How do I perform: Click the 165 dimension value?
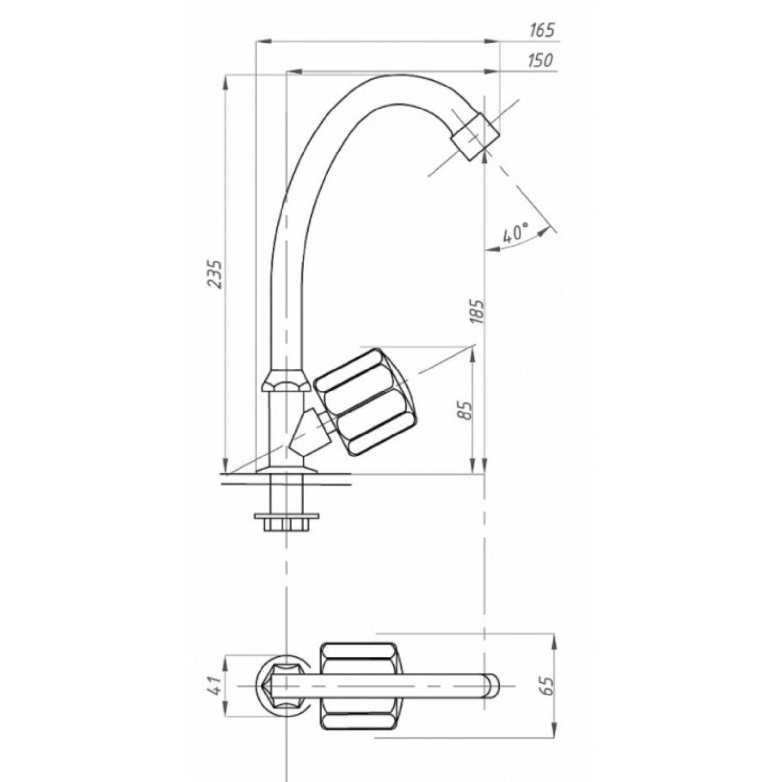[x=542, y=30]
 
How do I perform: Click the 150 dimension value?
[x=541, y=61]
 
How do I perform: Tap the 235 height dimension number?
[x=216, y=275]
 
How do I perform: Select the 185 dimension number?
[x=477, y=310]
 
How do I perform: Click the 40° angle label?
[x=515, y=234]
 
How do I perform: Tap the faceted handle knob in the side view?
[x=367, y=403]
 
